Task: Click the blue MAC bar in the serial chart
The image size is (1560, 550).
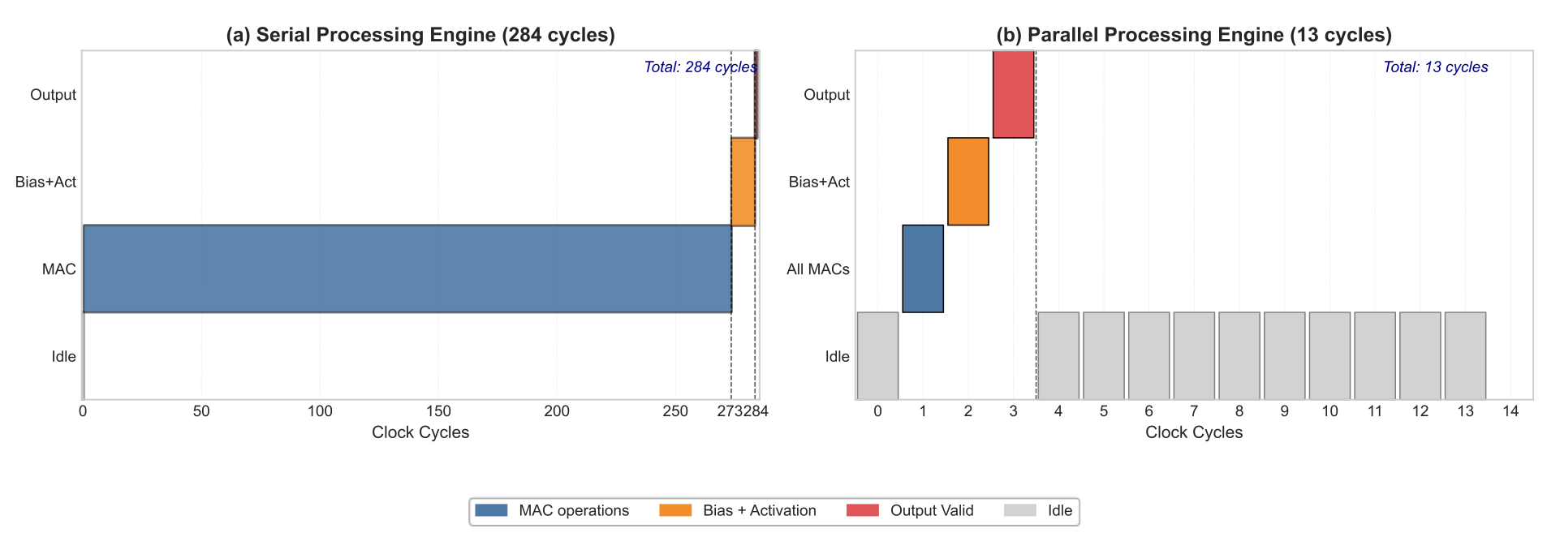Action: point(407,269)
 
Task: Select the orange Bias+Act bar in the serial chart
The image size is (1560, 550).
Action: point(743,182)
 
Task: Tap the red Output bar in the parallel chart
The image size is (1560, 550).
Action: point(1014,94)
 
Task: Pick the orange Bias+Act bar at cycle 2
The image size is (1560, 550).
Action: point(968,182)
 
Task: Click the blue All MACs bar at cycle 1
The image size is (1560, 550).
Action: point(923,269)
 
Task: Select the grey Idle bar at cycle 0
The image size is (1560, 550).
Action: point(877,355)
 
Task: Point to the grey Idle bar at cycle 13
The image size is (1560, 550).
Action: point(1465,355)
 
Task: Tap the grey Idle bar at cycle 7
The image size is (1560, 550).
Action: point(1194,355)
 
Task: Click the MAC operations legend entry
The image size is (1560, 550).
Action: point(552,510)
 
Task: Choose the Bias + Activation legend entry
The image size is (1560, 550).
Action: point(738,510)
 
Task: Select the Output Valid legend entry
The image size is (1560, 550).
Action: point(910,510)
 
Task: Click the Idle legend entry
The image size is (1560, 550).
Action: point(1038,510)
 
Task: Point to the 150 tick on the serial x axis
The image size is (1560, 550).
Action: point(438,411)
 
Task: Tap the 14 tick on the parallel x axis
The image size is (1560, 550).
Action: point(1510,411)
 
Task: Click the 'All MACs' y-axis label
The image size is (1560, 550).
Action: point(818,269)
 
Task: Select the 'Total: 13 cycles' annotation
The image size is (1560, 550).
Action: point(1436,67)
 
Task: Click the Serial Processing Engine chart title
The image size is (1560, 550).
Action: point(420,35)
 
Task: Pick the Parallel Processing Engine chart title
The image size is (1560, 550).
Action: point(1194,35)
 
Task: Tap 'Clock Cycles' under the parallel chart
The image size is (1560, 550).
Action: point(1194,432)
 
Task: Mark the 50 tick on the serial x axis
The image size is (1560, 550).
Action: point(201,411)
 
